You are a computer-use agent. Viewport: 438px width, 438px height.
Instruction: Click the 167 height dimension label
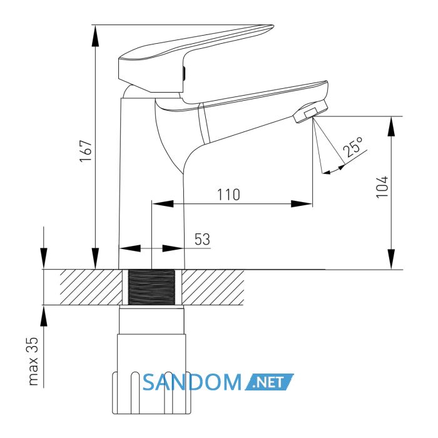pyautogui.click(x=86, y=151)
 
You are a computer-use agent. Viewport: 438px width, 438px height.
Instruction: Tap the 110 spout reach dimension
pyautogui.click(x=228, y=195)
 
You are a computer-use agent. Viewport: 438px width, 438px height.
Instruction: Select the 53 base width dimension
pyautogui.click(x=202, y=240)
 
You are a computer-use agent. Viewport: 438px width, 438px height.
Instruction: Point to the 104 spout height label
pyautogui.click(x=382, y=187)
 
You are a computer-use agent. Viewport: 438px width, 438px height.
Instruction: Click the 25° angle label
pyautogui.click(x=353, y=146)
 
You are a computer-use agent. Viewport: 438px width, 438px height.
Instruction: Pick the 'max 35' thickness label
pyautogui.click(x=34, y=361)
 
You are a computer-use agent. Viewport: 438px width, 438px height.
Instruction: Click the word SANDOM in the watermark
pyautogui.click(x=192, y=382)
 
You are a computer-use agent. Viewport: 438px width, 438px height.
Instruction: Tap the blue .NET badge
pyautogui.click(x=269, y=382)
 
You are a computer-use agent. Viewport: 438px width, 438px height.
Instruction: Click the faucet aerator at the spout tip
pyautogui.click(x=310, y=112)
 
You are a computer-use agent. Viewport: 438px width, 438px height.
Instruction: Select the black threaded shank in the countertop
pyautogui.click(x=151, y=287)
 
